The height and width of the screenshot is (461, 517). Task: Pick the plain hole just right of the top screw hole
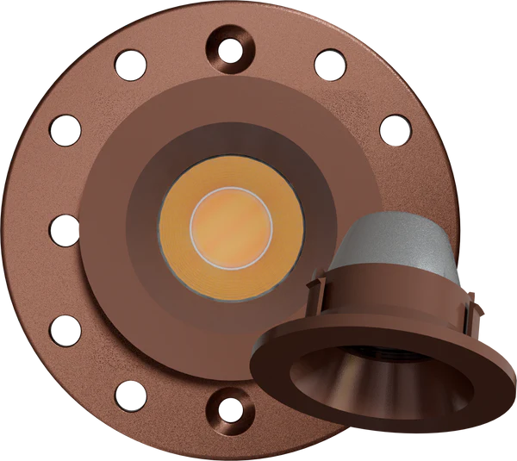coord(329,63)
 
